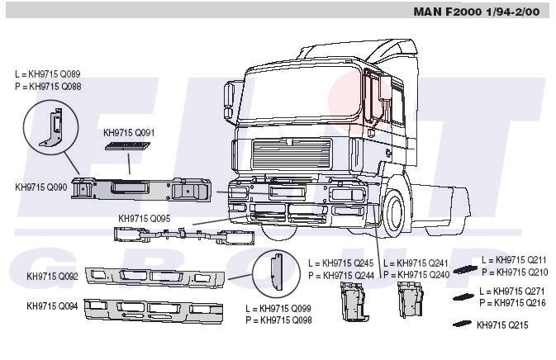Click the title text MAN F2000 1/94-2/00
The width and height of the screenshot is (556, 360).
[477, 12]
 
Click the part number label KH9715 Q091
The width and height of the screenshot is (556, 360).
[129, 133]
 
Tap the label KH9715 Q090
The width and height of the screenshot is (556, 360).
[40, 187]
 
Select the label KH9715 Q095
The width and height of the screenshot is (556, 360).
[145, 218]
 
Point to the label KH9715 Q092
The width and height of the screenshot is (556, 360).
[52, 276]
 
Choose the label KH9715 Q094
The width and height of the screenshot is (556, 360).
[52, 306]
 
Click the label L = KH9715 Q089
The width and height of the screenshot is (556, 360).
[48, 74]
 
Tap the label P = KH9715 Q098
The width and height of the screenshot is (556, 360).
[278, 320]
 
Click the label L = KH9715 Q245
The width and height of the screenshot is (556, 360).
[341, 263]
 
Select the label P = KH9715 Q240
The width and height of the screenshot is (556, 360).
[416, 275]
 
